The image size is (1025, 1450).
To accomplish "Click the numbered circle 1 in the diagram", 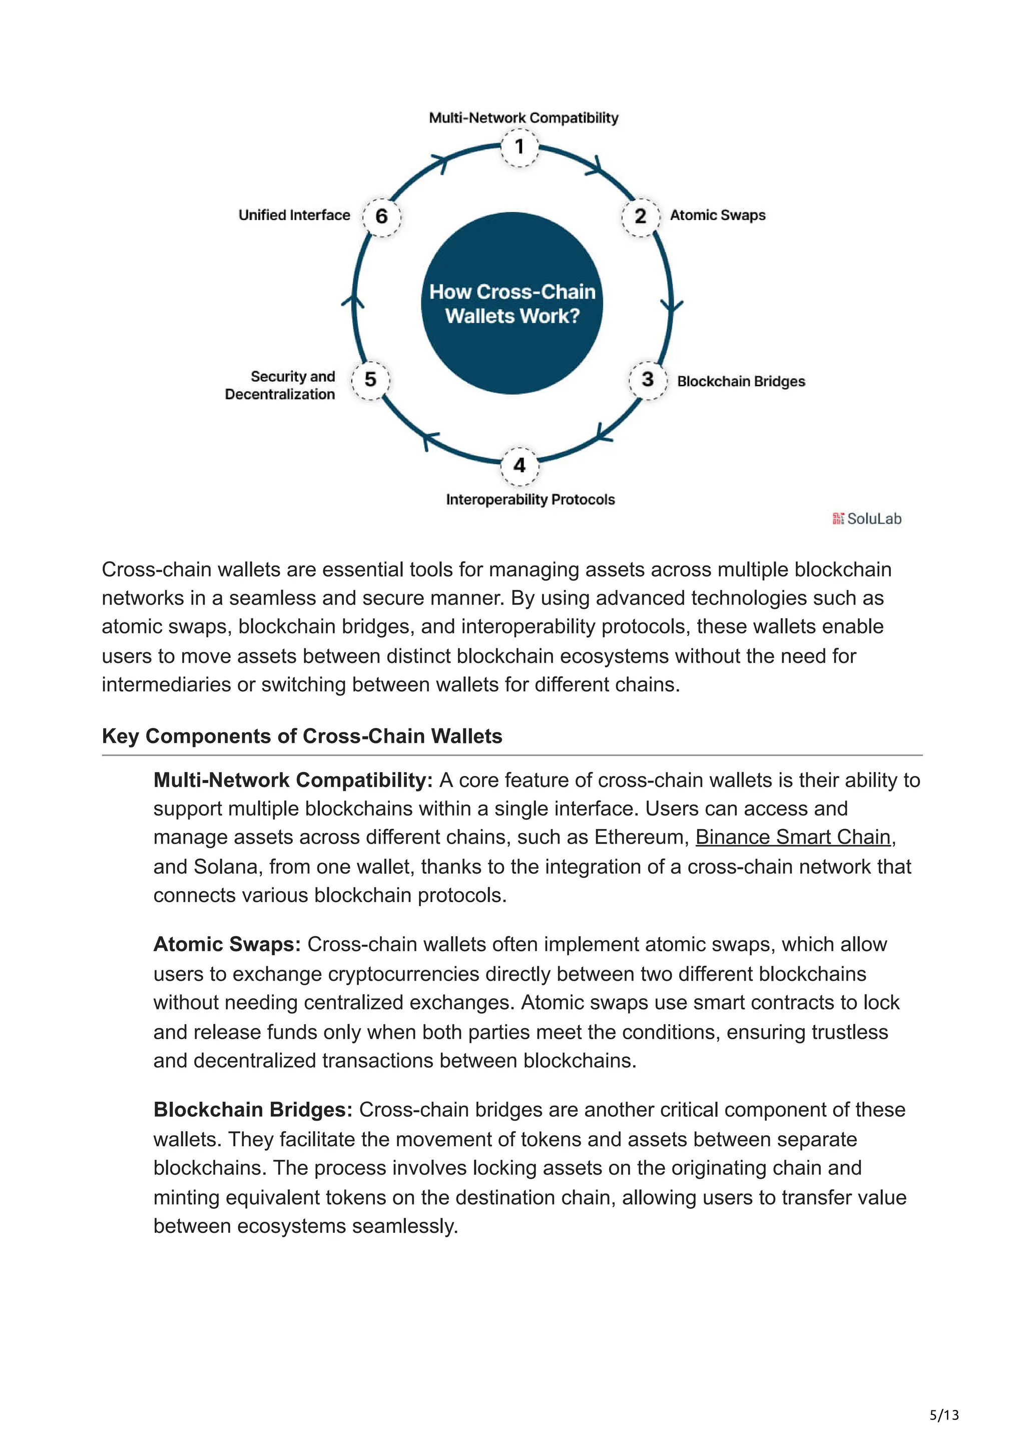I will [x=519, y=148].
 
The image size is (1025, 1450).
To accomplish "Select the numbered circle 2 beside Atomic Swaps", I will [x=641, y=217].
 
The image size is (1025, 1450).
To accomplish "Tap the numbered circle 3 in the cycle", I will [x=647, y=380].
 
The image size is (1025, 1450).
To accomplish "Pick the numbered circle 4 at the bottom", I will [x=519, y=466].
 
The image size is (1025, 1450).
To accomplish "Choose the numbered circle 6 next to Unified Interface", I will [x=381, y=217].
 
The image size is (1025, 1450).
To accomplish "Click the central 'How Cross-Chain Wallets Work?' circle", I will [x=512, y=304].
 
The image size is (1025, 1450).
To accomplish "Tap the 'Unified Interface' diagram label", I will [x=294, y=215].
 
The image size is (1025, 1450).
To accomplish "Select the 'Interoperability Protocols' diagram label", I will [x=530, y=499].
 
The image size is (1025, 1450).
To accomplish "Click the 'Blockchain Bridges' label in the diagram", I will [x=741, y=381].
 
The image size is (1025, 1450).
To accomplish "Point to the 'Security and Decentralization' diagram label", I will [x=280, y=385].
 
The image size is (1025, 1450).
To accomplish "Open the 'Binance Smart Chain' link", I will [x=793, y=838].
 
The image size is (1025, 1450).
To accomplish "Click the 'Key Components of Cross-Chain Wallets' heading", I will [x=302, y=737].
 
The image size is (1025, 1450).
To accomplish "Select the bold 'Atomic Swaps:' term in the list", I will [x=227, y=944].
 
